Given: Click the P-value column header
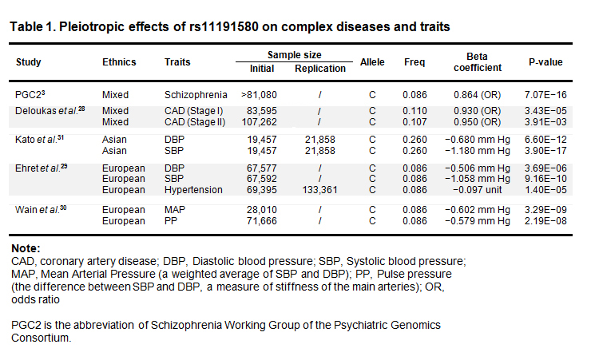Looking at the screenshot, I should click(545, 62).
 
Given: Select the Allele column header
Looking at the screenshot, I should click(372, 62).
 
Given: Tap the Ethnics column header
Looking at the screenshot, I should click(119, 62).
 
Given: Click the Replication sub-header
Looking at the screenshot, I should click(320, 69).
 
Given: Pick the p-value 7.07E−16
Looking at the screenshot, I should click(545, 95).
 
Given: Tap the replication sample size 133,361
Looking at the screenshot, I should click(320, 188).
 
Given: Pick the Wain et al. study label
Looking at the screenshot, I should click(38, 209).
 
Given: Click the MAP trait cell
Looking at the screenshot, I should click(175, 209).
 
